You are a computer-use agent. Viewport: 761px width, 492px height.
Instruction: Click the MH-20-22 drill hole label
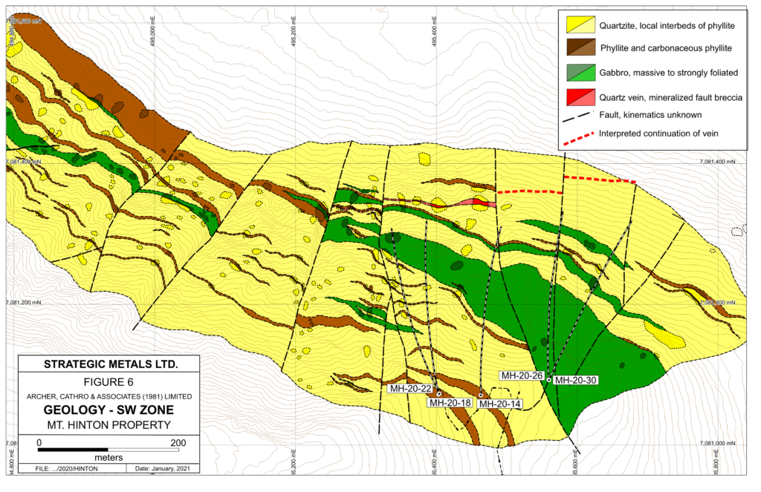(410, 388)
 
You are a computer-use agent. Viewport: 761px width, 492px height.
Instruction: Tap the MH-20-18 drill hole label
(449, 403)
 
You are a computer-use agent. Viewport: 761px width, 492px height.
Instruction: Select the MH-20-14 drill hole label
(499, 404)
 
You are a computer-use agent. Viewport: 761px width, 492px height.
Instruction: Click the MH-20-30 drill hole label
(576, 380)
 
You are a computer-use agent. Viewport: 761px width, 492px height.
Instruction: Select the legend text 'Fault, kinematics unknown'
(652, 115)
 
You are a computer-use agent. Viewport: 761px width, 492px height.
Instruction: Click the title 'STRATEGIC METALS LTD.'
(109, 364)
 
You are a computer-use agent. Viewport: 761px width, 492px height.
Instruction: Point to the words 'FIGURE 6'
(109, 384)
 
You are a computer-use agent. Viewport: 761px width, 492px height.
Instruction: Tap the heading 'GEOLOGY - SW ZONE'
(109, 410)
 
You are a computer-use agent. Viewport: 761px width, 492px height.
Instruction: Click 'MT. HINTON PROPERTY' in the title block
(109, 425)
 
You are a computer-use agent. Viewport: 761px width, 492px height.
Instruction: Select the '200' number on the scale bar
(178, 442)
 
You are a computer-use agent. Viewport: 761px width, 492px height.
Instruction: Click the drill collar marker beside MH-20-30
(548, 380)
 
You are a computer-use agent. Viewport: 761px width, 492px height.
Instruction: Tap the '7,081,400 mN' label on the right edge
(720, 162)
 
